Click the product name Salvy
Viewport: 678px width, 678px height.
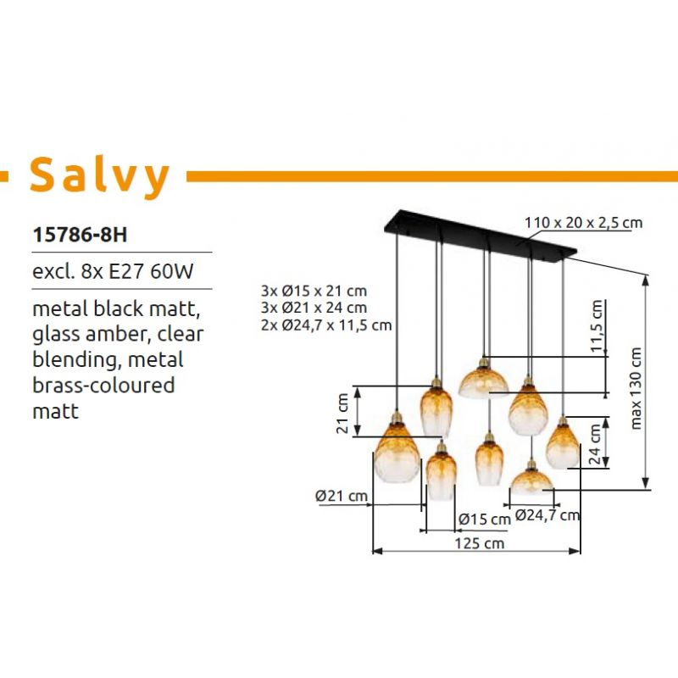99,176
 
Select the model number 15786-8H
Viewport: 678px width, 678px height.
80,236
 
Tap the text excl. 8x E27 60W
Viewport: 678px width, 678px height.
113,271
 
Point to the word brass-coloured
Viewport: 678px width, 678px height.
103,385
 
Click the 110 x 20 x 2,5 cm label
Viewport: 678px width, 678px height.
583,223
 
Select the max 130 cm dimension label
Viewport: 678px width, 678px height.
636,388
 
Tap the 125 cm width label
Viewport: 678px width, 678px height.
479,543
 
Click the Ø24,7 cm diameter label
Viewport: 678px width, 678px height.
547,515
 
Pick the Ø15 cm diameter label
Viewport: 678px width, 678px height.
485,519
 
